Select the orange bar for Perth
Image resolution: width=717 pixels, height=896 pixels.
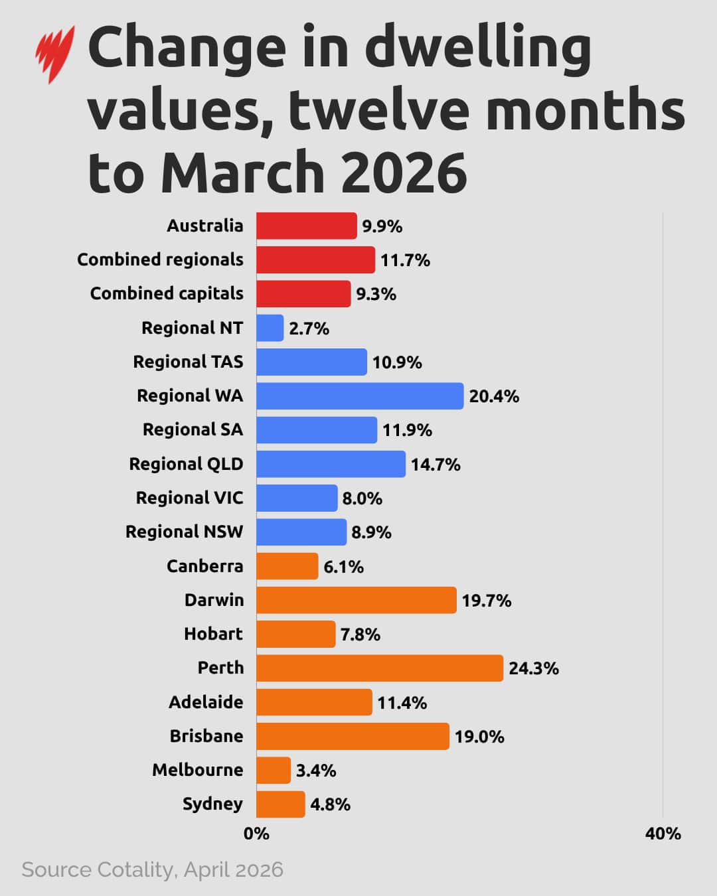[x=379, y=668]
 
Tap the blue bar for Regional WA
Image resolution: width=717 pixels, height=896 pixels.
[x=359, y=396]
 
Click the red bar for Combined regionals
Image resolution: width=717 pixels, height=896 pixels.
[x=315, y=260]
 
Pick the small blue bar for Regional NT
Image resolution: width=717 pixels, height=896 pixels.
[x=270, y=328]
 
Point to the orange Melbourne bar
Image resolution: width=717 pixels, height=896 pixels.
[x=273, y=770]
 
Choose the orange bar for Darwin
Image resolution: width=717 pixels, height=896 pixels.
[x=356, y=600]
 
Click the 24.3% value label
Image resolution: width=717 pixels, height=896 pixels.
[x=533, y=668]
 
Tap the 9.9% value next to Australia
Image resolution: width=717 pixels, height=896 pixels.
[x=382, y=226]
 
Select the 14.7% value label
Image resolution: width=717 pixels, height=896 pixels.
[x=435, y=465]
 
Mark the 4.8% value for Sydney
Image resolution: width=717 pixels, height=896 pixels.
[x=330, y=804]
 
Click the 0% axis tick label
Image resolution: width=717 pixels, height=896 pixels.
[x=256, y=834]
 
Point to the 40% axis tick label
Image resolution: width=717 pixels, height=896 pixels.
[x=663, y=834]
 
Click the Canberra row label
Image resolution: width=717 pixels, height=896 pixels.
[x=204, y=566]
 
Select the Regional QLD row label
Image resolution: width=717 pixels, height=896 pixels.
[x=186, y=464]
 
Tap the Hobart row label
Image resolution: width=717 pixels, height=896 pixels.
[x=213, y=634]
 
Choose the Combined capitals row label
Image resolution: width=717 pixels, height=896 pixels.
[x=167, y=293]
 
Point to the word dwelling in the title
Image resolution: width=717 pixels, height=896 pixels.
[x=477, y=48]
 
